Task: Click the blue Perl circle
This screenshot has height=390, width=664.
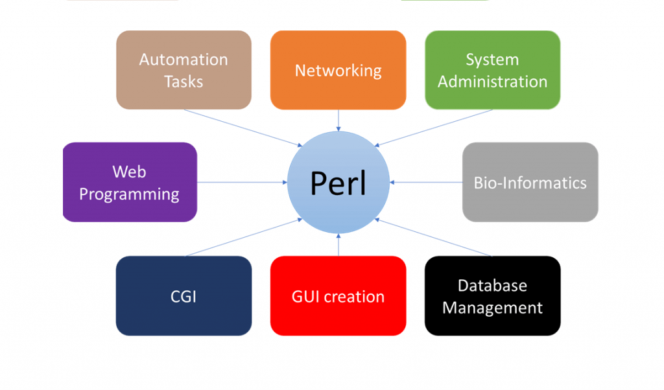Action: [338, 182]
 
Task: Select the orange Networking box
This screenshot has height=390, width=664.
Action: [338, 70]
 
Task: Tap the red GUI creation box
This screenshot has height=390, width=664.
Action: [338, 295]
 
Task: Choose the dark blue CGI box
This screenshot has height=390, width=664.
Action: [184, 295]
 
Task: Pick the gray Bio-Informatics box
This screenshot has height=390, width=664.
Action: [530, 182]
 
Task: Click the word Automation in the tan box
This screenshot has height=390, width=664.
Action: [184, 60]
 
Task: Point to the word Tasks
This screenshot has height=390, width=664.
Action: [184, 82]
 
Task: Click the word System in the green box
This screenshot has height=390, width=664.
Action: [493, 60]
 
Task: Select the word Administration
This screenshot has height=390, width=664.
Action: [493, 82]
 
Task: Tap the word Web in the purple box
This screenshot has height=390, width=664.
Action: [129, 172]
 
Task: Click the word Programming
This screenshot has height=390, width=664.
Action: [129, 194]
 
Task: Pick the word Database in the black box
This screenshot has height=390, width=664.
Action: [493, 286]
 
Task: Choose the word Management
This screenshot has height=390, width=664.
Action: [493, 308]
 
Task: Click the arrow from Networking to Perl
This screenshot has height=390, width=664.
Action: [338, 120]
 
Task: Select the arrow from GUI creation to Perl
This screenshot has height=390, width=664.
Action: [338, 244]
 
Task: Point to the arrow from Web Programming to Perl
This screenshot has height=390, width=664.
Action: [243, 182]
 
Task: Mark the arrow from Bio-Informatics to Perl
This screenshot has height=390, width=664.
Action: [425, 182]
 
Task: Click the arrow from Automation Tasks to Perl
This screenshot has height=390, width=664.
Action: [243, 128]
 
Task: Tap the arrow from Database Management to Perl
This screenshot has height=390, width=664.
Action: [433, 237]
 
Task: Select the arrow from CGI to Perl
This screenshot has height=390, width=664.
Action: [244, 237]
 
